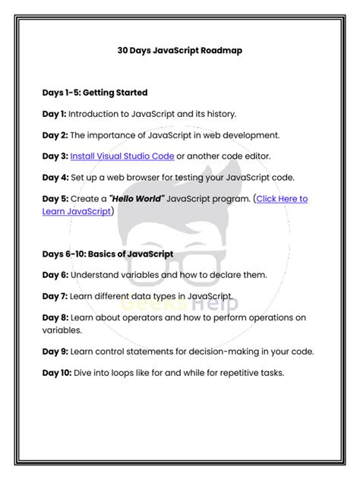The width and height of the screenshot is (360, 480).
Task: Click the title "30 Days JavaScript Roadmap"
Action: pyautogui.click(x=179, y=52)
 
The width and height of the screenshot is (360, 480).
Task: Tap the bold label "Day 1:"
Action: pyautogui.click(x=55, y=114)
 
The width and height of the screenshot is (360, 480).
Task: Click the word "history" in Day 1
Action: pyautogui.click(x=219, y=114)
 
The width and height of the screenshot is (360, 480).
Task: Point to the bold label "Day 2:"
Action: pyautogui.click(x=55, y=135)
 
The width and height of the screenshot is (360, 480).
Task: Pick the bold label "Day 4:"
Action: pyautogui.click(x=55, y=178)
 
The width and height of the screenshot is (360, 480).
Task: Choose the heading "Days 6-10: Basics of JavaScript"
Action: pyautogui.click(x=108, y=254)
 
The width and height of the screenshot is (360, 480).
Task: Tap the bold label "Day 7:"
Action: pyautogui.click(x=55, y=296)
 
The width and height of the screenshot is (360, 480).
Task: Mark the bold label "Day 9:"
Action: pyautogui.click(x=55, y=351)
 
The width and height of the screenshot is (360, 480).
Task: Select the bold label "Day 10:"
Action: pyautogui.click(x=57, y=372)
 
